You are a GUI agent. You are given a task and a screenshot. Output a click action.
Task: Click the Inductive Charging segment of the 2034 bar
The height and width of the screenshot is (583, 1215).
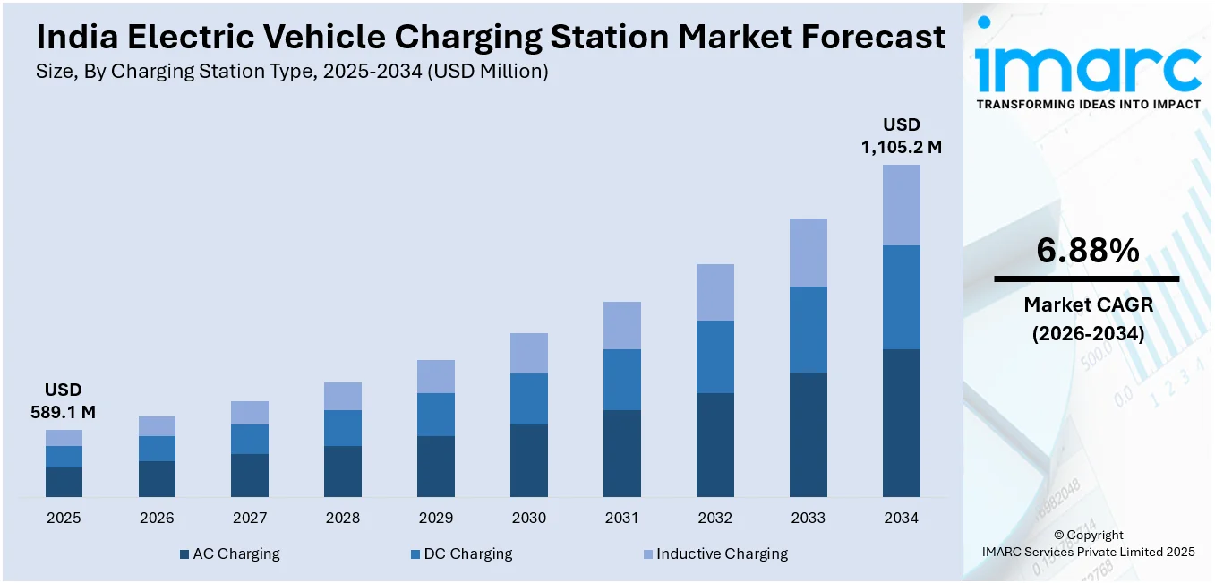click(x=901, y=205)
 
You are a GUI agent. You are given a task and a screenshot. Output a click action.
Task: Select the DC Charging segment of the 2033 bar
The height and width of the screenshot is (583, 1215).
click(x=808, y=330)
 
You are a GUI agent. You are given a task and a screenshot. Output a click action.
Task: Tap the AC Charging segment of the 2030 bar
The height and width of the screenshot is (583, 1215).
click(x=529, y=460)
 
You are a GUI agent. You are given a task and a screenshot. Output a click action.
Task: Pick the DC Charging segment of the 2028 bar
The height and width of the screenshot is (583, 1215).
click(x=343, y=428)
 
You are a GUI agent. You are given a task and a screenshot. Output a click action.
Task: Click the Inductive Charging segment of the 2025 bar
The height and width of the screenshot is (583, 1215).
click(x=64, y=438)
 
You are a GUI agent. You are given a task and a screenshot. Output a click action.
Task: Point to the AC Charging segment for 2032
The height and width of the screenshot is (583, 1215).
click(x=714, y=445)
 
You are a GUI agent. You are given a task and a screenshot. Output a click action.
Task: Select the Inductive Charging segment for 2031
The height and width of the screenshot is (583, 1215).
click(x=621, y=325)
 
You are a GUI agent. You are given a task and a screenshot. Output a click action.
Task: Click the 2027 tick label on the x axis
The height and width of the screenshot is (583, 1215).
click(x=250, y=518)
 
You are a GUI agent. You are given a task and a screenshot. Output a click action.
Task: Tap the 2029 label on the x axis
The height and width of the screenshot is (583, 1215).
click(x=436, y=518)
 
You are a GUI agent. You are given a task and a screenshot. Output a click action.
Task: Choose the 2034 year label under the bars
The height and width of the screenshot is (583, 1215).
click(x=901, y=518)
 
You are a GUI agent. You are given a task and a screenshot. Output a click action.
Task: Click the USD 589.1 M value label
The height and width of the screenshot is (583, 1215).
click(x=63, y=401)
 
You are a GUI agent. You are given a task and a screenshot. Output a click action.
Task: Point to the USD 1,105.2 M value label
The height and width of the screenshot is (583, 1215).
click(x=901, y=136)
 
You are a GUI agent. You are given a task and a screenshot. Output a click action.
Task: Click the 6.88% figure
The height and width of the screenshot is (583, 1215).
click(x=1087, y=251)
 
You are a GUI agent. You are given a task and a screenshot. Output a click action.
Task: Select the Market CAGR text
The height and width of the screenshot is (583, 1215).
click(x=1088, y=305)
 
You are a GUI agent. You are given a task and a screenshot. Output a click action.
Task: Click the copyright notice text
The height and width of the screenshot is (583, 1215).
click(x=1087, y=544)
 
